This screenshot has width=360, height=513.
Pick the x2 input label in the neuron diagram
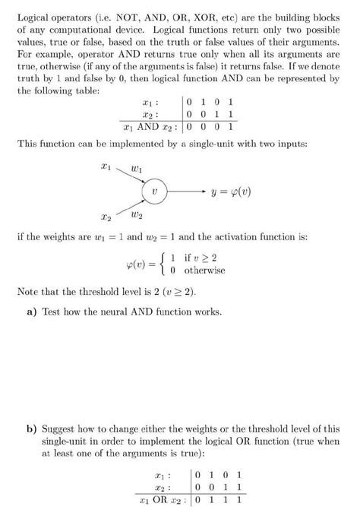click(x=107, y=218)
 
